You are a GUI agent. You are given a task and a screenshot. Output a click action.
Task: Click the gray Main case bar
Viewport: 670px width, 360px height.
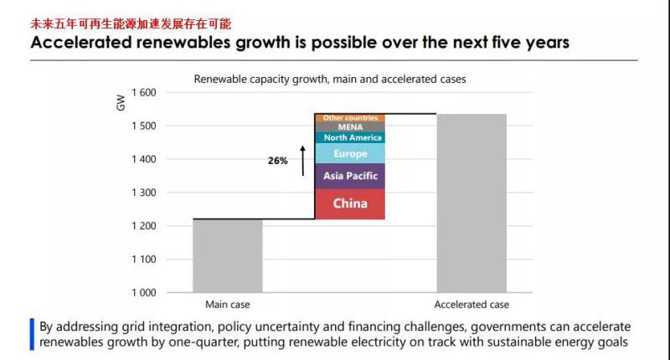tap(228, 255)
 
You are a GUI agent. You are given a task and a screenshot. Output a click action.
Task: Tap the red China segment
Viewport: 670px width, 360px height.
tap(349, 203)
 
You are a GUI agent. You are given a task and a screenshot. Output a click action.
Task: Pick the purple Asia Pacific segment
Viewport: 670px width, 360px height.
tap(349, 176)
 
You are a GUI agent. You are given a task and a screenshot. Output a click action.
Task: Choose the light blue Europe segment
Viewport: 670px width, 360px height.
tap(349, 154)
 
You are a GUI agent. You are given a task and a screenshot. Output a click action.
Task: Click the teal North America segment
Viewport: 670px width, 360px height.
tap(349, 137)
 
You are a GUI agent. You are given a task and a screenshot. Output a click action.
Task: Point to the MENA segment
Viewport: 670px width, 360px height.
tap(349, 127)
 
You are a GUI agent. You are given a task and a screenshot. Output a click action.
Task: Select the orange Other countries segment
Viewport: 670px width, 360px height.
tap(349, 118)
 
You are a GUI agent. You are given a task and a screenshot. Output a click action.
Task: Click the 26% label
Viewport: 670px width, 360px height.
tap(278, 161)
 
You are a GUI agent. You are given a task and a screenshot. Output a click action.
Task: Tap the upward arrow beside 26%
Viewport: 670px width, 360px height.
tap(302, 159)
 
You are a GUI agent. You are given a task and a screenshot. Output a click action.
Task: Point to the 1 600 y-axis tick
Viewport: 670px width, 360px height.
tap(143, 92)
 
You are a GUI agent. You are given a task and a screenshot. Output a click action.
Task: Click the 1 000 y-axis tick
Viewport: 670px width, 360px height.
tap(143, 293)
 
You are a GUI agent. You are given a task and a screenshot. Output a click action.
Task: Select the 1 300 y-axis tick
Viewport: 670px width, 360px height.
tap(143, 193)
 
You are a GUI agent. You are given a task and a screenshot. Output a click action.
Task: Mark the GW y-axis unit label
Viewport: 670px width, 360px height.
tap(120, 104)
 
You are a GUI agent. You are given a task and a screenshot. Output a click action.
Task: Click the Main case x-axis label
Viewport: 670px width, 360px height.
tap(228, 305)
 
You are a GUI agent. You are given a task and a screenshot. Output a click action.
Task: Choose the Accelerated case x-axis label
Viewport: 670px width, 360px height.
tap(472, 305)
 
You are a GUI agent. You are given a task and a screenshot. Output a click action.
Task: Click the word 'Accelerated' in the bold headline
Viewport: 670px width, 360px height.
tap(90, 43)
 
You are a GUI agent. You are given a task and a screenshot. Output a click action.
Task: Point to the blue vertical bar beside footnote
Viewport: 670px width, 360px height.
tap(32, 334)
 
